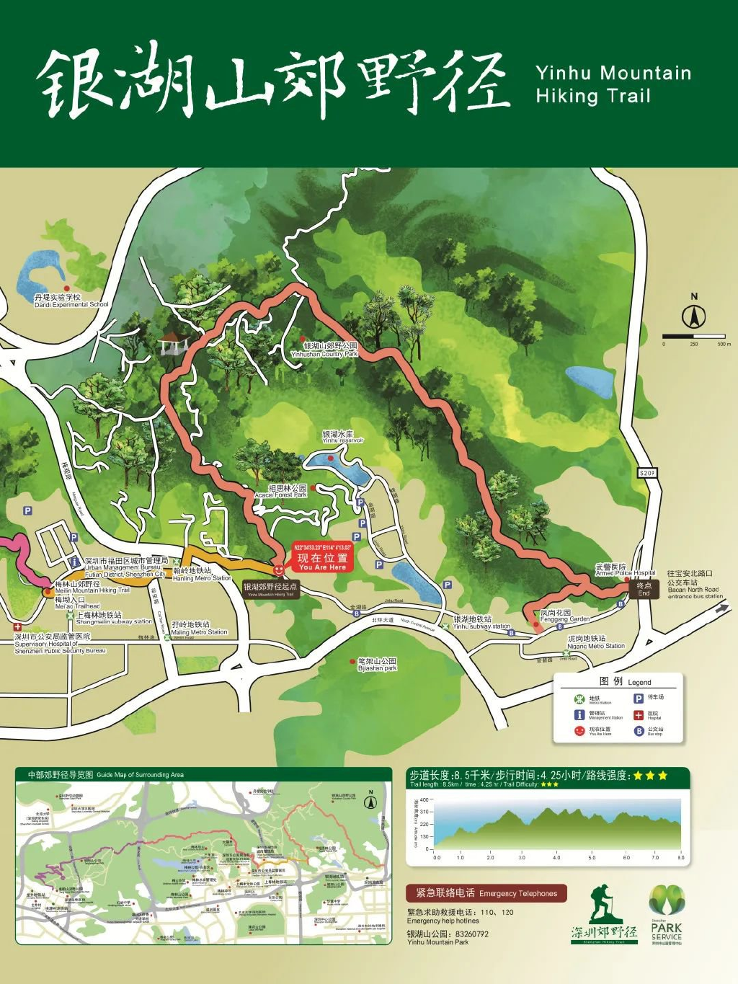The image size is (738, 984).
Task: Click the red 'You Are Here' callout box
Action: click(322, 558)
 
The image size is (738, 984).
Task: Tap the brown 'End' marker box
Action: click(644, 589)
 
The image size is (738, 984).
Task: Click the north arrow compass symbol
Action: click(694, 316)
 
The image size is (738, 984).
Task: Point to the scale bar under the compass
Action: click(694, 336)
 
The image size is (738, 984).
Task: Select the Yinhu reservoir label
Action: click(342, 437)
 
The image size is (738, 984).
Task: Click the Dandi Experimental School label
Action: click(70, 301)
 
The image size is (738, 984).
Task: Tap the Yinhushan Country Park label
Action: click(325, 350)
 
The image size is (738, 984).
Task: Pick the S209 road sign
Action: click(647, 473)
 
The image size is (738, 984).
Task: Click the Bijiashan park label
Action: click(378, 664)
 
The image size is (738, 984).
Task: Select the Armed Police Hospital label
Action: click(625, 569)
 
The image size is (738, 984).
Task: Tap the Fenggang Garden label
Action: click(564, 616)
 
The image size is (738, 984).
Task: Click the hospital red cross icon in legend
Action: click(639, 714)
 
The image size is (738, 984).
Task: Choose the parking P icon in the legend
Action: click(639, 698)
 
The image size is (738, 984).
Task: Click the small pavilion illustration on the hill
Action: click(173, 343)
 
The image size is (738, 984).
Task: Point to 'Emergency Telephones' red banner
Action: click(486, 893)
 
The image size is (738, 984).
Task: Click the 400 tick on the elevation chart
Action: click(424, 799)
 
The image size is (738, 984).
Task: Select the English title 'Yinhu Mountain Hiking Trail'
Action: click(613, 84)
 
